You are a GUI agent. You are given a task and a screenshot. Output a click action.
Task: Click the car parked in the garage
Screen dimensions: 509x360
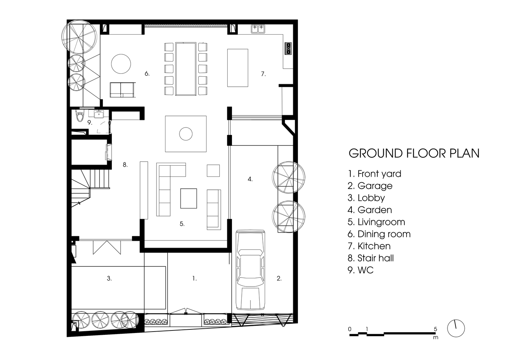pyautogui.click(x=250, y=270)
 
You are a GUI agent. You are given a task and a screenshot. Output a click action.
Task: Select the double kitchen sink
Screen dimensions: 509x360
pyautogui.click(x=258, y=29)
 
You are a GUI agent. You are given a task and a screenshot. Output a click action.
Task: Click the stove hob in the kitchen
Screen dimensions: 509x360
pyautogui.click(x=288, y=48)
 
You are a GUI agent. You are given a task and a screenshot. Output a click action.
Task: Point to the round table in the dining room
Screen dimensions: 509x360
pyautogui.click(x=121, y=64)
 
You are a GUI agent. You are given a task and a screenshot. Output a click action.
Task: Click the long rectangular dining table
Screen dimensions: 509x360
pyautogui.click(x=186, y=69)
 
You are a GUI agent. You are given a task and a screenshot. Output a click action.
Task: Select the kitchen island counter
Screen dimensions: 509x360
pyautogui.click(x=238, y=68)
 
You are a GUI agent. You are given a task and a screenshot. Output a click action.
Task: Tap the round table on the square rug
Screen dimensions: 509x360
pyautogui.click(x=186, y=134)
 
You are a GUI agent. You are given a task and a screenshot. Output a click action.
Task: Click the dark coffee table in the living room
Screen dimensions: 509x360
pyautogui.click(x=188, y=198)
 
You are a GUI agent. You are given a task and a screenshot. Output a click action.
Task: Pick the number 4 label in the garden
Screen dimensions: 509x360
pyautogui.click(x=250, y=179)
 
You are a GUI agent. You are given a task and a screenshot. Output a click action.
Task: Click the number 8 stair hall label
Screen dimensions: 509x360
pyautogui.click(x=125, y=165)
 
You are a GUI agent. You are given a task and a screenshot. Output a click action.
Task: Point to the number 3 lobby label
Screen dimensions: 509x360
pyautogui.click(x=109, y=278)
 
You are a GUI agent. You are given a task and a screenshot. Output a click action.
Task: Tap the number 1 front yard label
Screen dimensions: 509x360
pyautogui.click(x=195, y=278)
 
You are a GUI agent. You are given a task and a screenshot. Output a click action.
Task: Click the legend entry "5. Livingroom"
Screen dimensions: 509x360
pyautogui.click(x=376, y=222)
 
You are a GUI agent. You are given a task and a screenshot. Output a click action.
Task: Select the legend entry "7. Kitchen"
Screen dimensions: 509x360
pyautogui.click(x=369, y=246)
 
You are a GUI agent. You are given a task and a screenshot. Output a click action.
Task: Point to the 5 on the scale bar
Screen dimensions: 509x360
pyautogui.click(x=435, y=329)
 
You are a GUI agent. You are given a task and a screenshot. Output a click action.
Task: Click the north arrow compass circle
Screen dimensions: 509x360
pyautogui.click(x=456, y=328)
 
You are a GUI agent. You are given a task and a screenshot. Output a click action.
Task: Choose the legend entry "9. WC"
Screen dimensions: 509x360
pyautogui.click(x=361, y=270)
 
